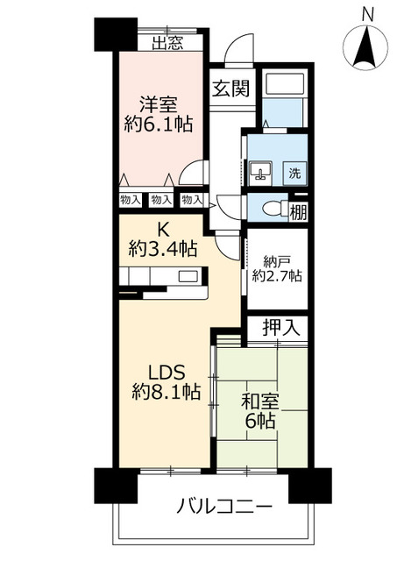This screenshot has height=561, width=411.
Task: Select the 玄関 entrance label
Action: pos(230,89)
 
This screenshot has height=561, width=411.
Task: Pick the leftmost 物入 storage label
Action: pos(129,200)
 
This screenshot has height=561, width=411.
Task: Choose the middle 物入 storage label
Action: pos(159,200)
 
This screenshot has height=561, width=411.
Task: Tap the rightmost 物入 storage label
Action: pos(190,200)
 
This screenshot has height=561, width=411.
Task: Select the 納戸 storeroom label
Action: pos(276,260)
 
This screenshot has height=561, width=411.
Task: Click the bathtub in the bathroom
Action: pos(282,85)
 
